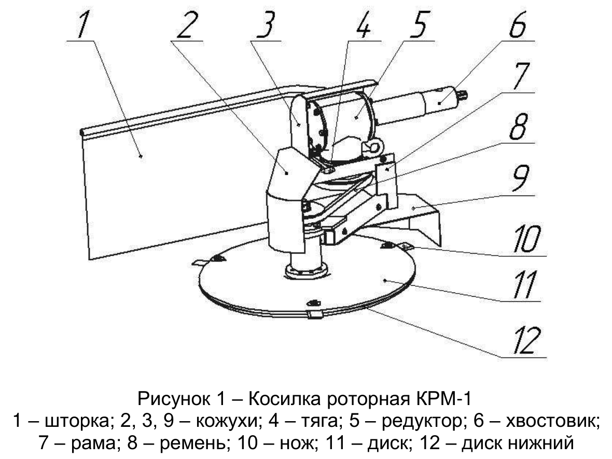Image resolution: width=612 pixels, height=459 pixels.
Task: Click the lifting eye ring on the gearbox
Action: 372,148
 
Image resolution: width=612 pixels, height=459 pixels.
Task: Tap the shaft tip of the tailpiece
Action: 465,94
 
